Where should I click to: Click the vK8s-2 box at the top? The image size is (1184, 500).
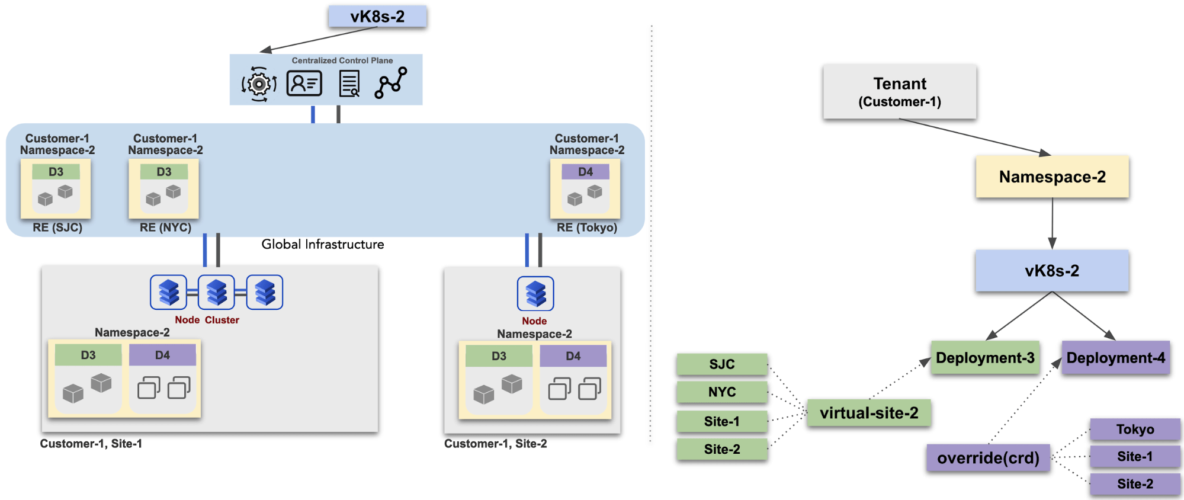377,17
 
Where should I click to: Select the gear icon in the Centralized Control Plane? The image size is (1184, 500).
259,84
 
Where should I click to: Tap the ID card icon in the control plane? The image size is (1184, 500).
304,84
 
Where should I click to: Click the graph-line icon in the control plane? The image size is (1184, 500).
391,83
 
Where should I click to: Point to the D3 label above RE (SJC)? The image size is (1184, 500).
56,172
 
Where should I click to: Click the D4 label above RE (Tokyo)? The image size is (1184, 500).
585,172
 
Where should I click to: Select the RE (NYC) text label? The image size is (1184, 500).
165,227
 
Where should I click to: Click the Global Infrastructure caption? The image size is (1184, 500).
323,245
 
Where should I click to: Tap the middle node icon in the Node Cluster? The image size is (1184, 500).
216,292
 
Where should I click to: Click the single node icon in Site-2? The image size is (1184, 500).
535,293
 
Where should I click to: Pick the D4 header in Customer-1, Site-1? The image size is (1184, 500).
162,355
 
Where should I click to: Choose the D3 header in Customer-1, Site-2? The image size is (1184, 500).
499,356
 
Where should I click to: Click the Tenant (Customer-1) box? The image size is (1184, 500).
899,92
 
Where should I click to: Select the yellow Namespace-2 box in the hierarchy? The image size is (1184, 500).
1052,177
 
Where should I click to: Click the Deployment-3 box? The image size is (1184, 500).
985,358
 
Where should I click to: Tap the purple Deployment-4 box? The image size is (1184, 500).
1115,358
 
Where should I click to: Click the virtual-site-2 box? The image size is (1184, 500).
869,413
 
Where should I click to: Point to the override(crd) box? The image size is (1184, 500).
988,458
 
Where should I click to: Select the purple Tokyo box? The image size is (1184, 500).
1135,430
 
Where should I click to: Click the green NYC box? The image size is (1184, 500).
722,392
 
